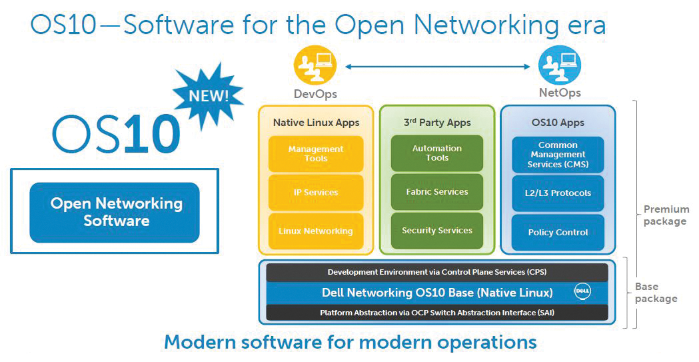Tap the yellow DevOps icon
(315, 65)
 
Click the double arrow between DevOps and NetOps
(437, 65)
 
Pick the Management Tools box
(316, 154)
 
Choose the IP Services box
(316, 192)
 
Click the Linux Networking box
(316, 231)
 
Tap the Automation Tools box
(437, 153)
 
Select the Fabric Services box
(437, 192)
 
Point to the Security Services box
(437, 231)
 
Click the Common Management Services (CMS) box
(558, 155)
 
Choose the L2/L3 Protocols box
(558, 193)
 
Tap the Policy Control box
(558, 232)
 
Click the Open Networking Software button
(115, 212)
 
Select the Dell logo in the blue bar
(582, 292)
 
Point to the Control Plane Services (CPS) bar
(437, 272)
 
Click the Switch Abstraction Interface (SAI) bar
(437, 312)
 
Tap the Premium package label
(665, 215)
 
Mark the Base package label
(656, 293)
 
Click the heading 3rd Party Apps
(437, 123)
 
